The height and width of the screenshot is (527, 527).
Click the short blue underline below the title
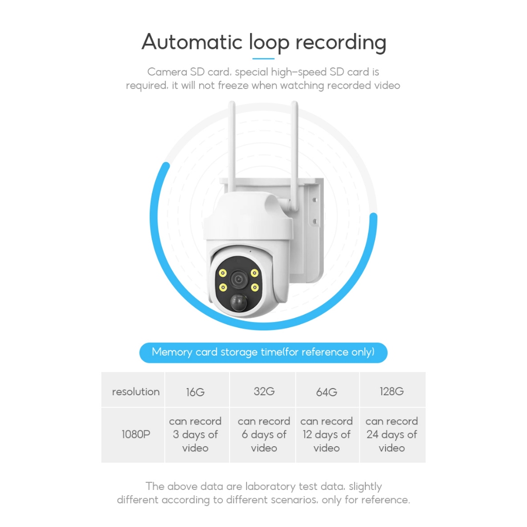coord(263,59)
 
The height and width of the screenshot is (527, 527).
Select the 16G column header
coord(196,392)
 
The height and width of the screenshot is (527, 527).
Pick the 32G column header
coord(264,391)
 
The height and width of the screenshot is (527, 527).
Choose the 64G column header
coord(327,392)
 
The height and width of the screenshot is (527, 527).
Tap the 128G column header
coord(392,391)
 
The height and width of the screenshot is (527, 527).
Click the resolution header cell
coord(136,392)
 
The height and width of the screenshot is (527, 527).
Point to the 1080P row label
coord(136,434)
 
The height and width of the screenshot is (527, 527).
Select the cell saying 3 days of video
coord(196,434)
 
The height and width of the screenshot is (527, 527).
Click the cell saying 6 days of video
coord(264,434)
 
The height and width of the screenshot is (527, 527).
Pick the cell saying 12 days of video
coord(327,434)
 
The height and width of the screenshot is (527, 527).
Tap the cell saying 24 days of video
coord(392,434)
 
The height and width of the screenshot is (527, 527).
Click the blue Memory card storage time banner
coord(263,353)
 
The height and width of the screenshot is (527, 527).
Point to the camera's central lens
coord(238,279)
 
